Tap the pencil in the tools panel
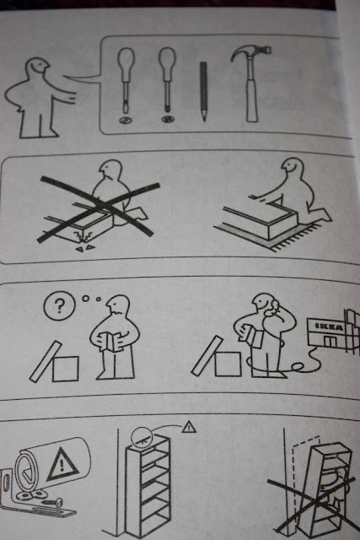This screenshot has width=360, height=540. [x=203, y=92]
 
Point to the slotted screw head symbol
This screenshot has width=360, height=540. [x=124, y=120]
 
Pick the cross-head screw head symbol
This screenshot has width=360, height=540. [x=168, y=120]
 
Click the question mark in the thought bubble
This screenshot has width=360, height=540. [x=60, y=305]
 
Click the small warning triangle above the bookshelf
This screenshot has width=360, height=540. [x=189, y=427]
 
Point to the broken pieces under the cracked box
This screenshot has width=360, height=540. [x=86, y=247]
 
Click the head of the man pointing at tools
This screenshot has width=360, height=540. [x=37, y=67]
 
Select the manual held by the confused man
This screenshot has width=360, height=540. [x=110, y=341]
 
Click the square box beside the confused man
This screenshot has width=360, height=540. [x=66, y=369]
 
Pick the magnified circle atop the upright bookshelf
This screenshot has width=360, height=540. [x=142, y=437]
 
